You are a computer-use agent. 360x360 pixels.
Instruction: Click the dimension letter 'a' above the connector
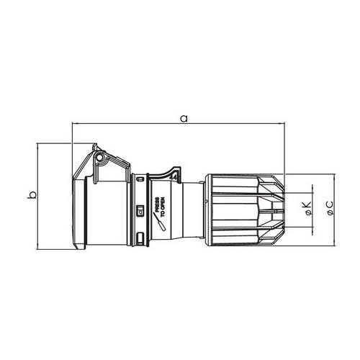coord(184,119)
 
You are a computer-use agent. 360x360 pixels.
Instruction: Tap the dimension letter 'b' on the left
coord(32,194)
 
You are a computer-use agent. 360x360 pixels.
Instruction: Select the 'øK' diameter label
coord(307,208)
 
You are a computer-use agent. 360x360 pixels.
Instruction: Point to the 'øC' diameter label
coord(329,208)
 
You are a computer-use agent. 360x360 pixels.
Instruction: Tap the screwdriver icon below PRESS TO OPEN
coord(159,222)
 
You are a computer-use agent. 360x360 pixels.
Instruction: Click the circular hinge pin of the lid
coord(99,157)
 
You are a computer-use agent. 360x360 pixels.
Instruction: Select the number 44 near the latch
coord(174,177)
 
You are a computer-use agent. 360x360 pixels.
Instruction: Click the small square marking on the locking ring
coord(140,212)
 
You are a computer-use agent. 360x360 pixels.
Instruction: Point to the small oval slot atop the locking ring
coord(140,179)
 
